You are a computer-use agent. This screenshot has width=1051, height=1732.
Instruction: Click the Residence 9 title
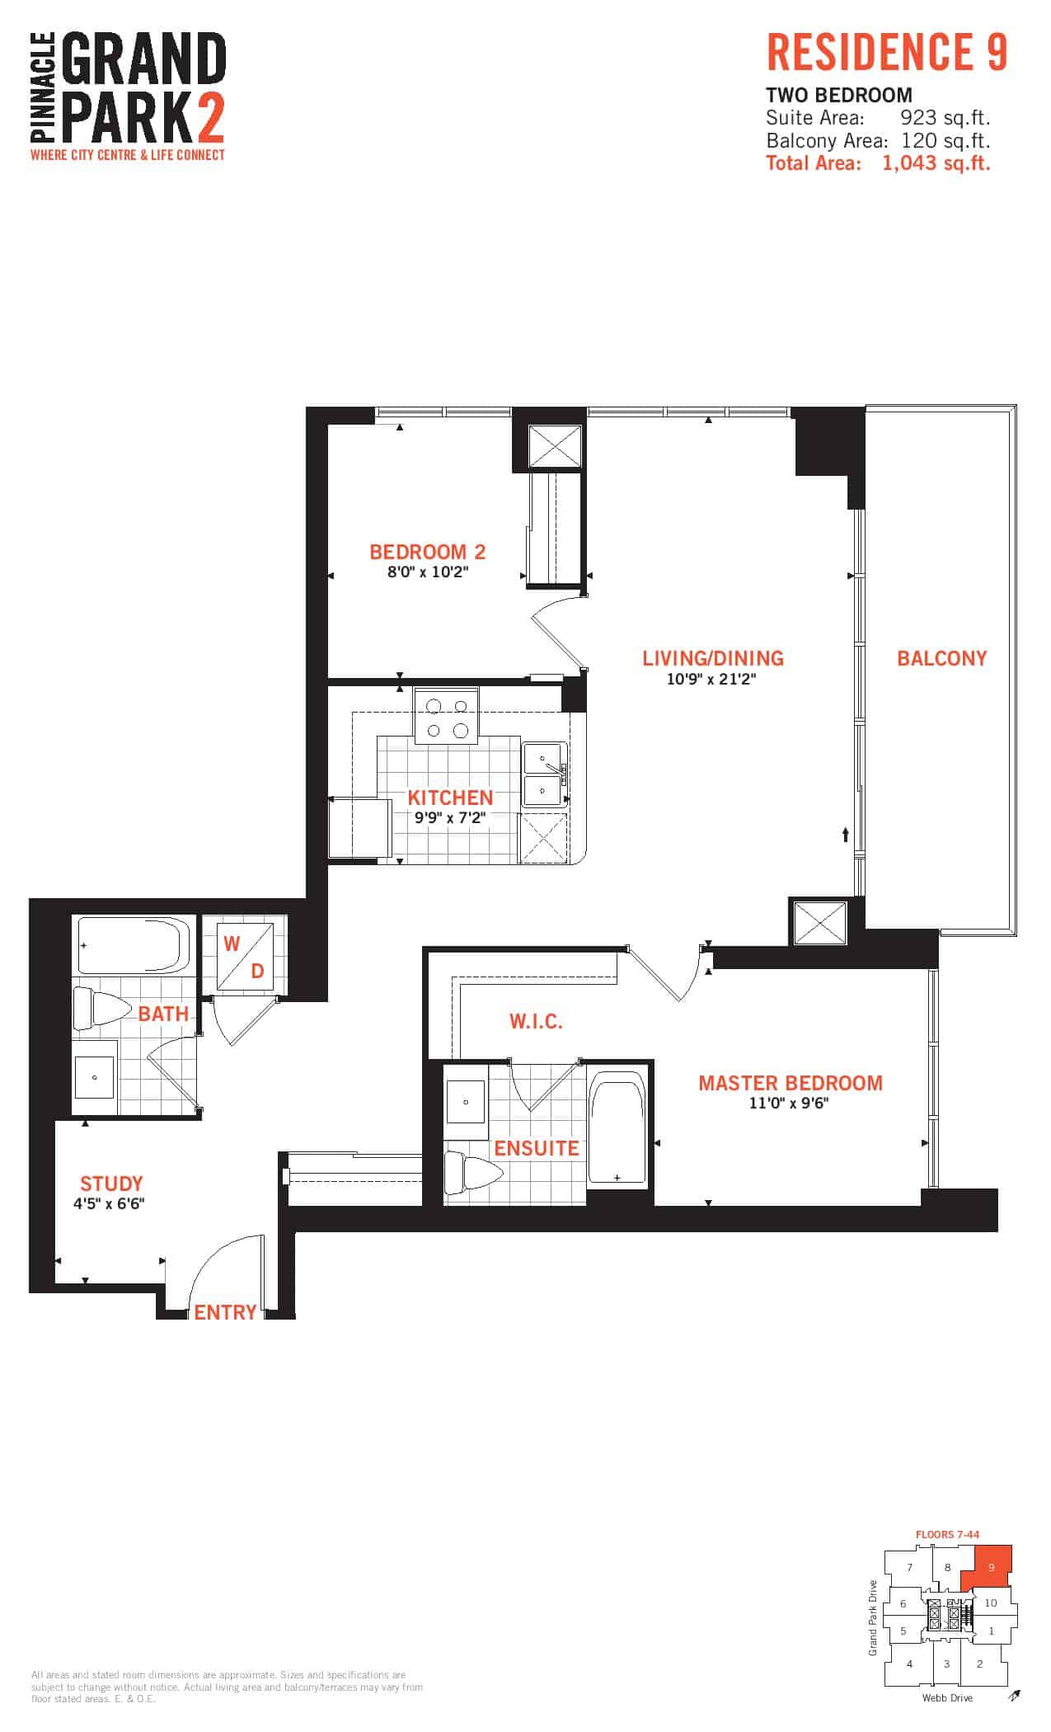(887, 52)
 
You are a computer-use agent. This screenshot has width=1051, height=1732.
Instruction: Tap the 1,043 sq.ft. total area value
(936, 162)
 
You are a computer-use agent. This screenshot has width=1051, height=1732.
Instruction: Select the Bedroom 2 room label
(427, 552)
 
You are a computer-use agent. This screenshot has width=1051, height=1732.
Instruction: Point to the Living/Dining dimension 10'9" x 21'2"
(712, 679)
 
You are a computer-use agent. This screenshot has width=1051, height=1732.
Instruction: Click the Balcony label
(941, 658)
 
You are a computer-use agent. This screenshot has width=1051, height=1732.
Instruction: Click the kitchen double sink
(545, 773)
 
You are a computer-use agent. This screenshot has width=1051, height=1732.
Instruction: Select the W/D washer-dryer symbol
(245, 957)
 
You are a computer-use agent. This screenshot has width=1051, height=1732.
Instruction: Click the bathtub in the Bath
(134, 946)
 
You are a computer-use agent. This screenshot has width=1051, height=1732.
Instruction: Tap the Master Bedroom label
(791, 1083)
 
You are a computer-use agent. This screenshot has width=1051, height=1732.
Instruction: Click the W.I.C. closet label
(536, 1022)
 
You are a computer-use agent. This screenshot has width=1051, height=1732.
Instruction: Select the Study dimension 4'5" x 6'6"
(109, 1203)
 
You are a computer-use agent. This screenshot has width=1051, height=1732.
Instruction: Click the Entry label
(225, 1312)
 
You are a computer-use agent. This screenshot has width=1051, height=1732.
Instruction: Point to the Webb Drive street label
(947, 1697)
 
